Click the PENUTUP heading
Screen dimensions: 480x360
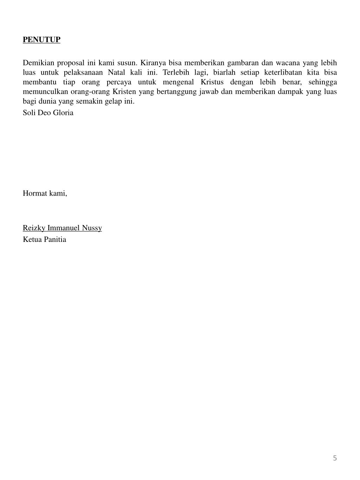(x=41, y=39)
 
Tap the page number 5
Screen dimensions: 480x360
(x=335, y=458)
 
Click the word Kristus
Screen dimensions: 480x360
(x=212, y=82)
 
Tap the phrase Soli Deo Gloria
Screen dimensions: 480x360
(x=48, y=113)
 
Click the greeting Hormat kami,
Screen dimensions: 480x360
(x=45, y=193)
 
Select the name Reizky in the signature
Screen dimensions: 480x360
(x=34, y=228)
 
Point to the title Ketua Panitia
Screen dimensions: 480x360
(x=45, y=239)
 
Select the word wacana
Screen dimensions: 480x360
(x=288, y=63)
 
